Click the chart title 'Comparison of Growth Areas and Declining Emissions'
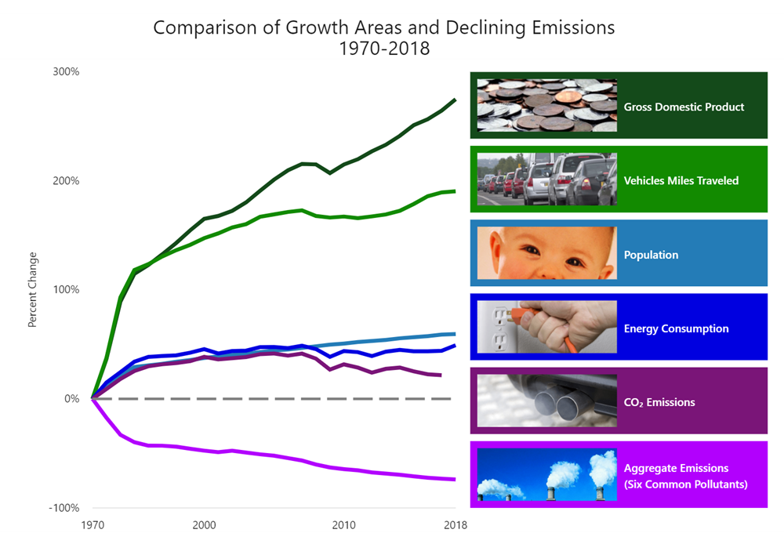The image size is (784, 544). pyautogui.click(x=383, y=27)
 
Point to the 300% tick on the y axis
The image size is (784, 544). pyautogui.click(x=66, y=72)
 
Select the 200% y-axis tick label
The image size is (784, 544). pyautogui.click(x=66, y=181)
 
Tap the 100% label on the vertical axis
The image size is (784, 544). pyautogui.click(x=66, y=290)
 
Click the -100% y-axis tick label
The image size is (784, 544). pyautogui.click(x=64, y=508)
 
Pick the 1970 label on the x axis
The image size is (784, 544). pyautogui.click(x=93, y=524)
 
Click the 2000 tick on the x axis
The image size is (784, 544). pyautogui.click(x=204, y=524)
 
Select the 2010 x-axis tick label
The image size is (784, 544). pyautogui.click(x=344, y=524)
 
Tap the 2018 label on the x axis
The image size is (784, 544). pyautogui.click(x=456, y=524)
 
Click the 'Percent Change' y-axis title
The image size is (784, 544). pyautogui.click(x=33, y=290)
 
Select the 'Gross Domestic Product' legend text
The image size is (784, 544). pyautogui.click(x=684, y=107)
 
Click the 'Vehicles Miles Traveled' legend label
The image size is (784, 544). pyautogui.click(x=681, y=180)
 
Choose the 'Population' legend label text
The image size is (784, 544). pyautogui.click(x=651, y=255)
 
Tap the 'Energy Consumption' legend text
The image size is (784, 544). pyautogui.click(x=676, y=328)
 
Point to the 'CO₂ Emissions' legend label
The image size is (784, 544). pyautogui.click(x=659, y=403)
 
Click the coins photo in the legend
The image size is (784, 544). pyautogui.click(x=546, y=105)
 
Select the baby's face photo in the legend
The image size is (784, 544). pyautogui.click(x=546, y=253)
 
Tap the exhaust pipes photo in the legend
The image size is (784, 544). pyautogui.click(x=546, y=401)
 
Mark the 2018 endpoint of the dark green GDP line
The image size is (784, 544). pyautogui.click(x=456, y=100)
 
